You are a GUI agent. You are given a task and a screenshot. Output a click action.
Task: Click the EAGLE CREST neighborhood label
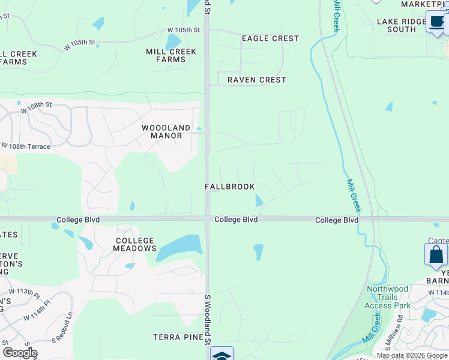270,38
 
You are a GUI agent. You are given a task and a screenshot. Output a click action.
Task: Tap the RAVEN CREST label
256,80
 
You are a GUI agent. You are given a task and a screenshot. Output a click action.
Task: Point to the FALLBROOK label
230,187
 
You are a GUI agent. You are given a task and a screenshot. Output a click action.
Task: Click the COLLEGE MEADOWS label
136,244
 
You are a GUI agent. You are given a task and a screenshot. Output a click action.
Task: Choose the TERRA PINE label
178,337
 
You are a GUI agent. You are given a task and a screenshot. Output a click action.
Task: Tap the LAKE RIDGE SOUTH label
402,25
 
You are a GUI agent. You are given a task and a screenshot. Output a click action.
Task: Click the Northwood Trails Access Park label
388,297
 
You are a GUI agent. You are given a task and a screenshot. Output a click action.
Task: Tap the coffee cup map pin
436,22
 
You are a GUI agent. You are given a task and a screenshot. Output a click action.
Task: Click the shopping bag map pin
436,254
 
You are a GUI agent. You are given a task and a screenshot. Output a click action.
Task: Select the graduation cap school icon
222,355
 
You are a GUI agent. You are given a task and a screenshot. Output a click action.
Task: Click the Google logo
20,353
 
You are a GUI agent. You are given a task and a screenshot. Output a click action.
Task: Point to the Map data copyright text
412,355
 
